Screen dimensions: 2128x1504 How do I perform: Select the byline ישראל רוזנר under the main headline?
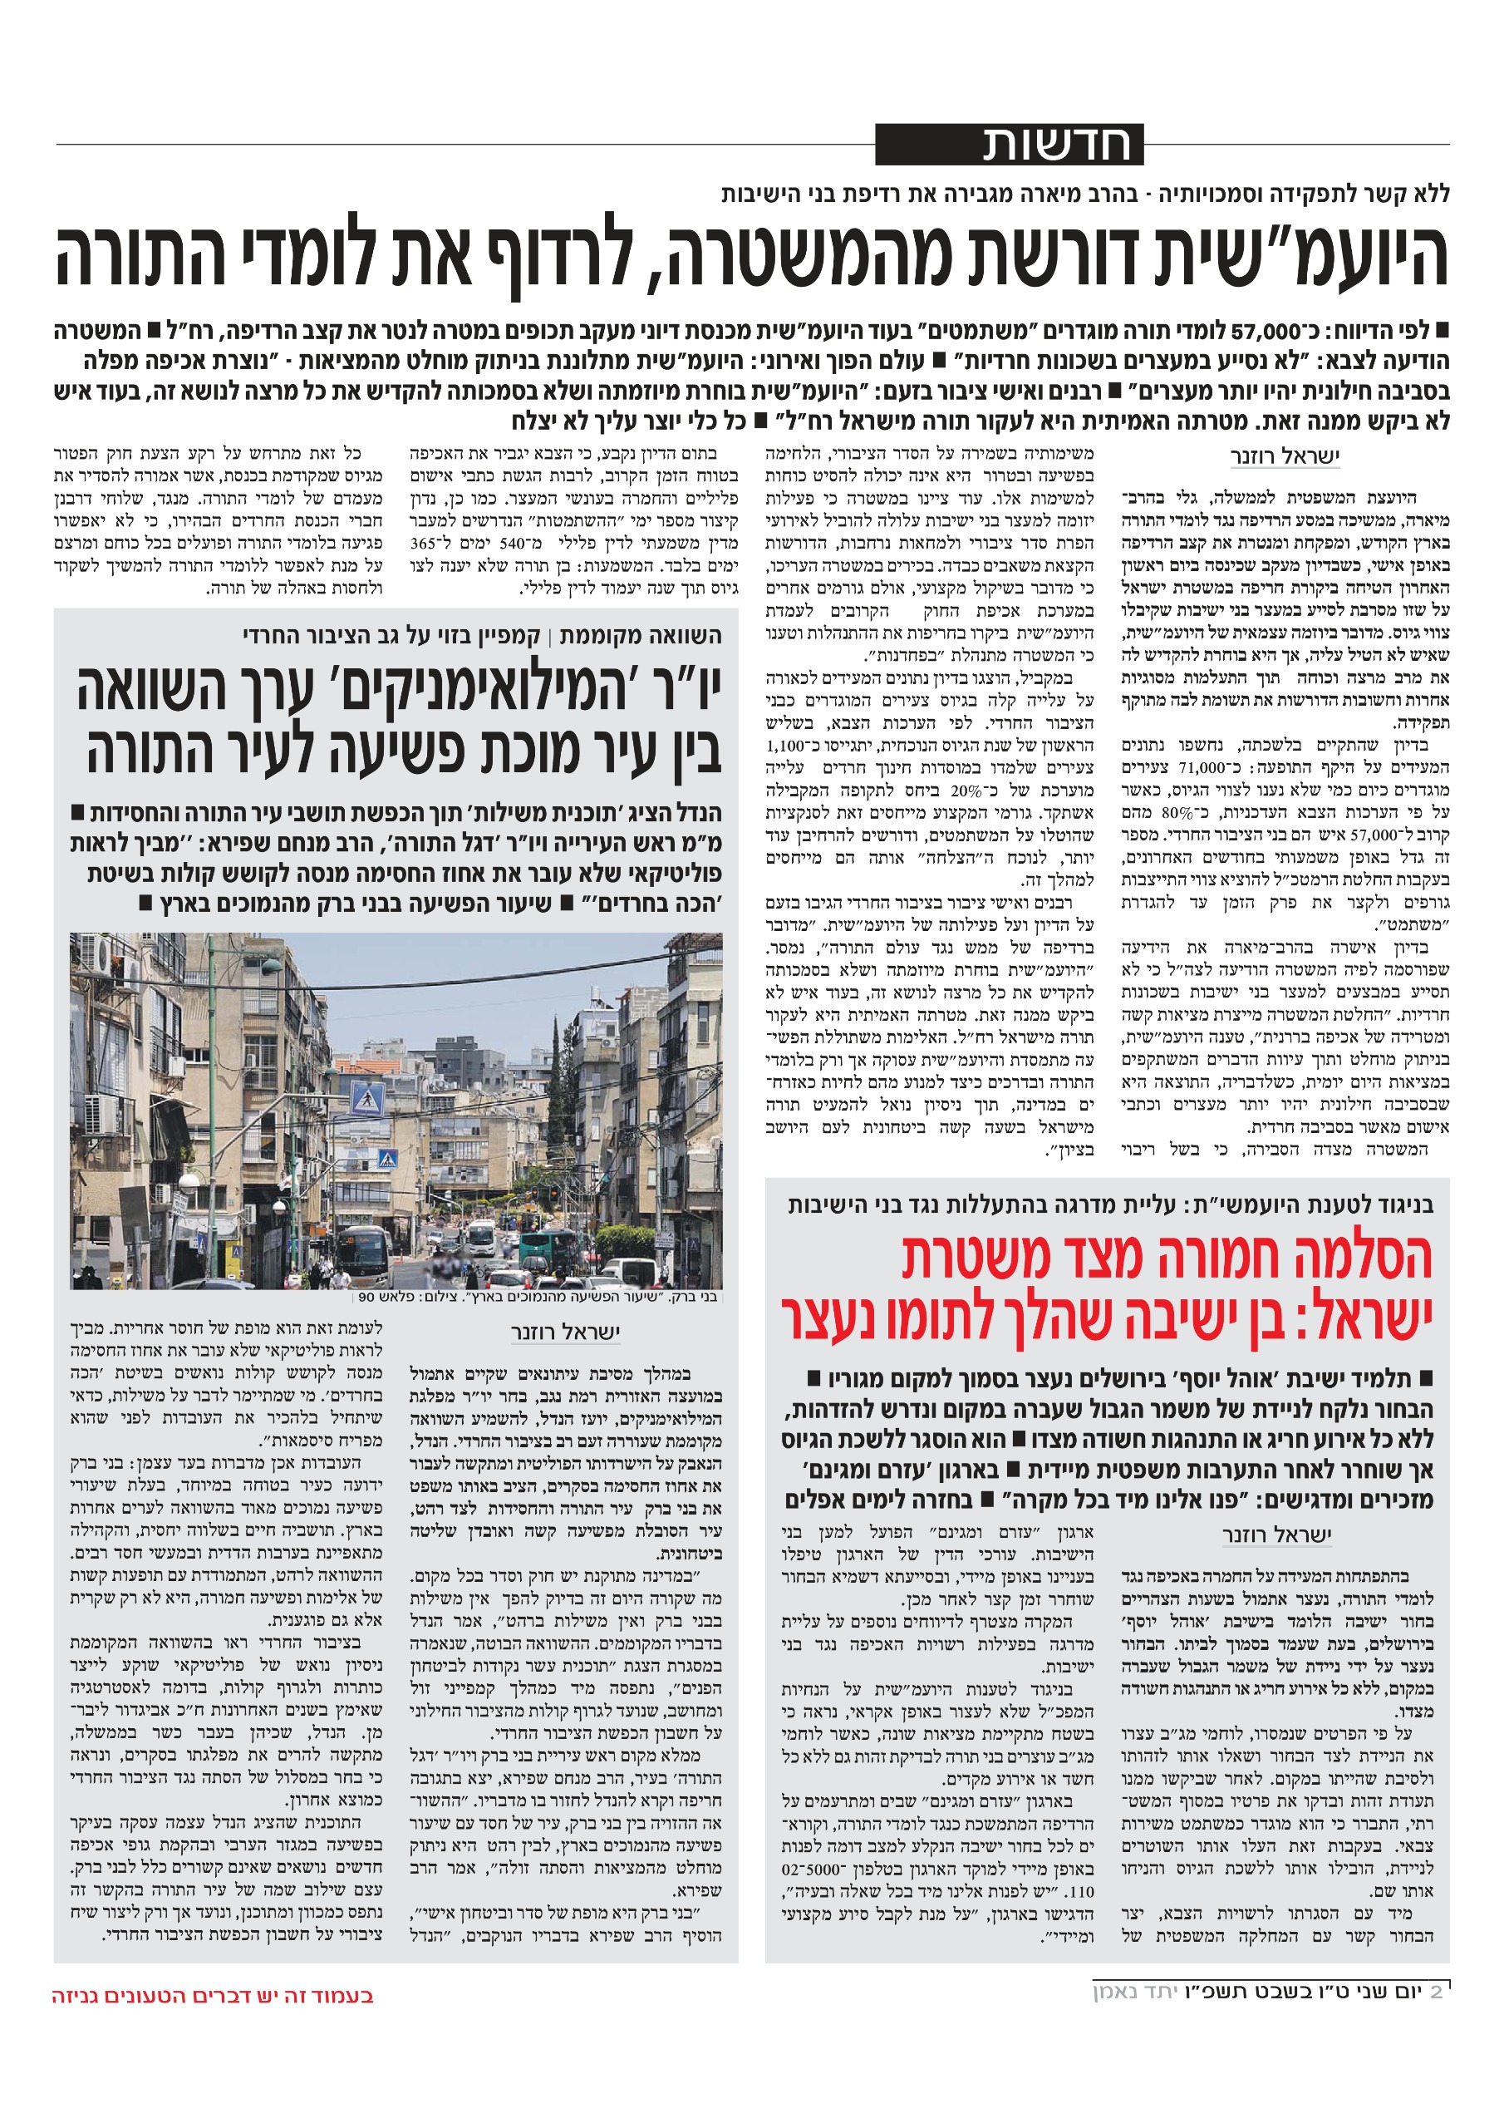click(1284, 456)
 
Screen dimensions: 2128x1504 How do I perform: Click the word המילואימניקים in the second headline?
click(474, 688)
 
